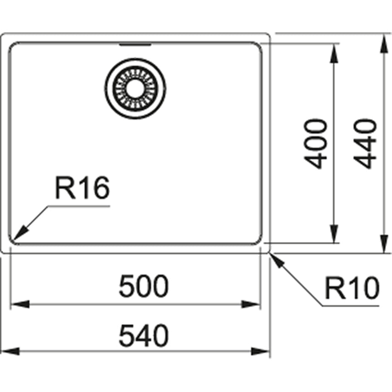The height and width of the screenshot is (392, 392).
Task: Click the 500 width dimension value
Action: pyautogui.click(x=144, y=287)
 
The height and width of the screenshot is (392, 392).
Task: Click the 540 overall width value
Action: pyautogui.click(x=144, y=336)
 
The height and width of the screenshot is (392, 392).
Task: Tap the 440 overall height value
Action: pyautogui.click(x=366, y=144)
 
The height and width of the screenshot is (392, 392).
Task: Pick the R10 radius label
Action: pyautogui.click(x=351, y=288)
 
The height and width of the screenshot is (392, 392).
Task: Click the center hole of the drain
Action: pyautogui.click(x=135, y=88)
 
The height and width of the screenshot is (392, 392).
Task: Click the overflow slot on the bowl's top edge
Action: pyautogui.click(x=135, y=45)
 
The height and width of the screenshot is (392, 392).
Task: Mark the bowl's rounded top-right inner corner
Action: pyautogui.click(x=259, y=46)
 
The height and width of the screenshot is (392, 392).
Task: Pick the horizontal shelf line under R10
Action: pyautogui.click(x=351, y=305)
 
